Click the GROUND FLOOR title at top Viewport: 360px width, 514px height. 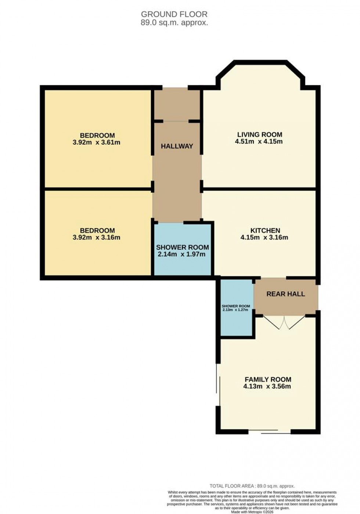[174, 14]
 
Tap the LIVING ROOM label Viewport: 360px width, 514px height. [259, 135]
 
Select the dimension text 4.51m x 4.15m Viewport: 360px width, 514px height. [259, 141]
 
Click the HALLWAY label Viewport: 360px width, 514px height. [177, 146]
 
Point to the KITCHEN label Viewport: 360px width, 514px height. [265, 231]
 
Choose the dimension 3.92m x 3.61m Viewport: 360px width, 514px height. [97, 142]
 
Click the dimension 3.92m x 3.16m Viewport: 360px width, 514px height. [97, 238]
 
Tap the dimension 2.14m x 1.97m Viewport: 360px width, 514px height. [181, 254]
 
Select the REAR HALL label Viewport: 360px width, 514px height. [285, 294]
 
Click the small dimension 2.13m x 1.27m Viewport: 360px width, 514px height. [235, 310]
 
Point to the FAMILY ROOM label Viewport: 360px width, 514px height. [268, 380]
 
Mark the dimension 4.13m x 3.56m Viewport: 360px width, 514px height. [267, 386]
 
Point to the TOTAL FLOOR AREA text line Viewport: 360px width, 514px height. [252, 486]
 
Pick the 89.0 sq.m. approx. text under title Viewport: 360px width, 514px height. [174, 22]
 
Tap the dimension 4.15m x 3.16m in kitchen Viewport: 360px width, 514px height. [264, 238]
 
